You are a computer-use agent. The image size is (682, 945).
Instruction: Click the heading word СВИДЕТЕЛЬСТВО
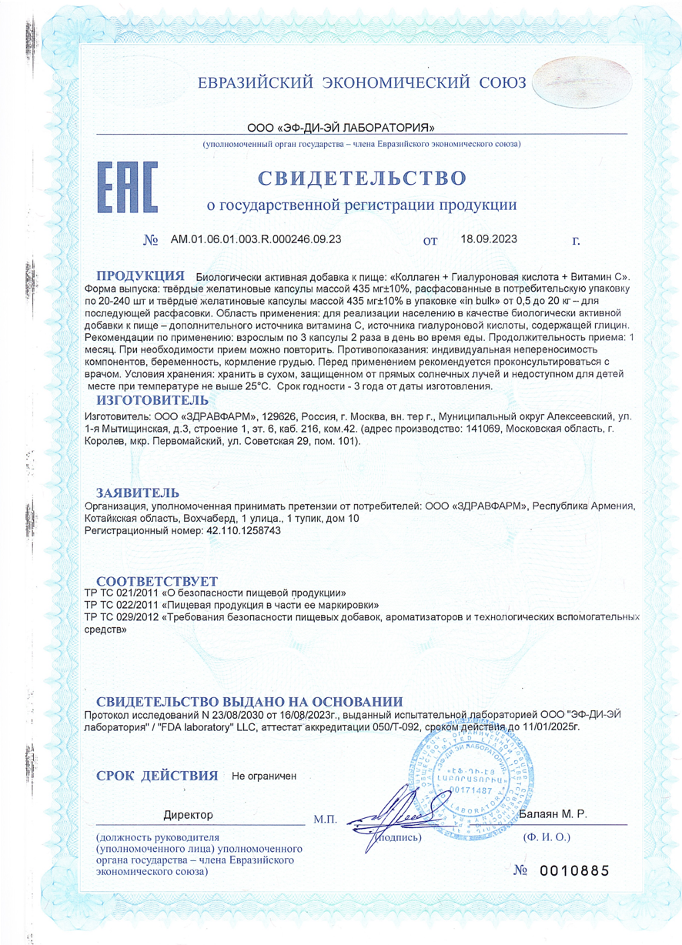click(362, 179)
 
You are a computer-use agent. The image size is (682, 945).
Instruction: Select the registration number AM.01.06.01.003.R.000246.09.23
click(256, 239)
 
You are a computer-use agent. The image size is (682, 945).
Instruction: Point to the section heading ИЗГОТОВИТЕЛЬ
click(152, 399)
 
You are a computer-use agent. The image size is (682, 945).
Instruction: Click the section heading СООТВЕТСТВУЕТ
click(156, 579)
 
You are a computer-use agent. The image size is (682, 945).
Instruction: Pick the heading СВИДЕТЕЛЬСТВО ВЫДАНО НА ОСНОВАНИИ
click(249, 701)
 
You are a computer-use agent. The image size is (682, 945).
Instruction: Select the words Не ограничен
click(264, 776)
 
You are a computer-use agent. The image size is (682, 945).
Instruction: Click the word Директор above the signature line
click(189, 814)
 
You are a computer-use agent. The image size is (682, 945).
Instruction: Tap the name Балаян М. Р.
click(552, 813)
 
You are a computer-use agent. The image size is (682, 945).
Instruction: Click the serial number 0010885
click(573, 870)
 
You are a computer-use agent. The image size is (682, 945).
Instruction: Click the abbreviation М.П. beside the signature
click(326, 821)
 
